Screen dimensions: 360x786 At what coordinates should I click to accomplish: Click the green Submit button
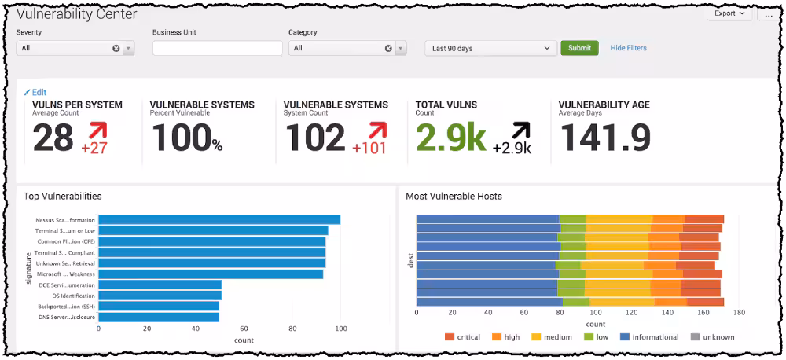579,48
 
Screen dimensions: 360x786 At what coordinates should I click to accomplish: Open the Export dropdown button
729,13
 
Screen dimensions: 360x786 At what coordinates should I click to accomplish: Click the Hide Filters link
628,48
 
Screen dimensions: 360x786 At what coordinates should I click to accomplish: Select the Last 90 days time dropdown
491,48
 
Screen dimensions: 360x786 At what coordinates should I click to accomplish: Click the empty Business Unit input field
217,48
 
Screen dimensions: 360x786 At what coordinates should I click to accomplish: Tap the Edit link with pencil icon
35,92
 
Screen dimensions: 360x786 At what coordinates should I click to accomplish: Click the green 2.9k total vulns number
450,138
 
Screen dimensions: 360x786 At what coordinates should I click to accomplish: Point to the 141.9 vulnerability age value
604,138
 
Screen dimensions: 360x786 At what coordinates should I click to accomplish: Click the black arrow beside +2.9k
520,130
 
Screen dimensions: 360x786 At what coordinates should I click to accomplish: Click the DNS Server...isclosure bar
158,317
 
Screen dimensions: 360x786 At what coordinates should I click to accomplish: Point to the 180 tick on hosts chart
738,313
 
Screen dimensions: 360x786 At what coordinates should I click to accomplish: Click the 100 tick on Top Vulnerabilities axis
340,329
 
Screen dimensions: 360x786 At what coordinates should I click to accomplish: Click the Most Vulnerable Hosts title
454,196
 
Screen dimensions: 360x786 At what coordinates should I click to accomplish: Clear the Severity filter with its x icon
116,48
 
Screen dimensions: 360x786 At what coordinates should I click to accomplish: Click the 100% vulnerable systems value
186,138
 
